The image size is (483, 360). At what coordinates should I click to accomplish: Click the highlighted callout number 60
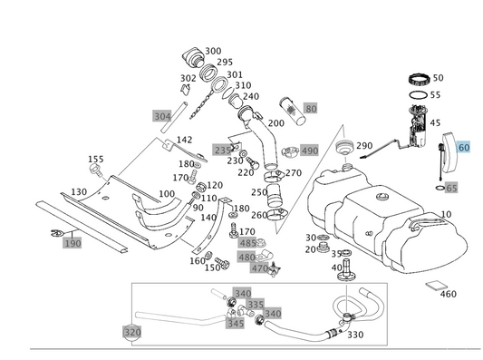pyautogui.click(x=464, y=147)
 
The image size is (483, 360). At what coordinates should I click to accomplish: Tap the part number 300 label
pyautogui.click(x=213, y=51)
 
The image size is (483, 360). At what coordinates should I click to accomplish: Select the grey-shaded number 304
pyautogui.click(x=162, y=116)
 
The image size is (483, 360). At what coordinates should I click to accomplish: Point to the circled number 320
pyautogui.click(x=132, y=332)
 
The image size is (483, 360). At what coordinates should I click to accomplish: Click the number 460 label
pyautogui.click(x=449, y=294)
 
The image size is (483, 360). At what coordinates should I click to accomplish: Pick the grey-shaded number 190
pyautogui.click(x=72, y=243)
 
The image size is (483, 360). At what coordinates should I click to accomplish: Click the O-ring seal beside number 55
pyautogui.click(x=419, y=95)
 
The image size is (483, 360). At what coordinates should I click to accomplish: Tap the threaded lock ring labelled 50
pyautogui.click(x=419, y=80)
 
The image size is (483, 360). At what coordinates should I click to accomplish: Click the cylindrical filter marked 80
pyautogui.click(x=292, y=111)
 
